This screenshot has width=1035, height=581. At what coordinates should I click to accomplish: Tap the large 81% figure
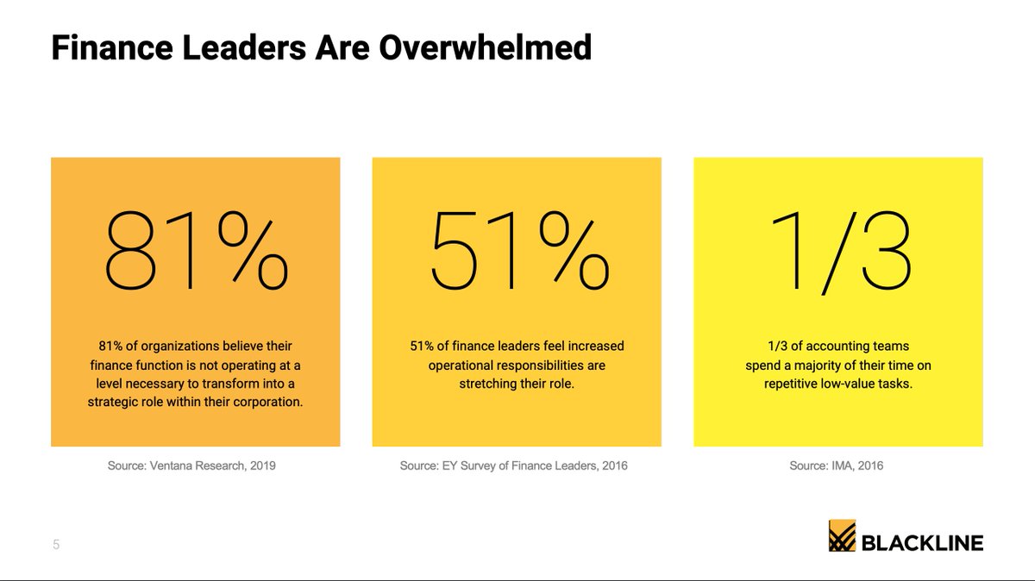tap(195, 251)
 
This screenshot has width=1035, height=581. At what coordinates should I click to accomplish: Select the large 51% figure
tap(517, 251)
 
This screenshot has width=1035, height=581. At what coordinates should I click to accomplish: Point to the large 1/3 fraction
tap(838, 251)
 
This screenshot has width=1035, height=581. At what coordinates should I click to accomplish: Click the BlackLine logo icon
tap(842, 535)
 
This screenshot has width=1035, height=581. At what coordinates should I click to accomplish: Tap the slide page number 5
tap(56, 545)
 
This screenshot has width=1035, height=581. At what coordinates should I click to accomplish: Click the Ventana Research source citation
tap(195, 465)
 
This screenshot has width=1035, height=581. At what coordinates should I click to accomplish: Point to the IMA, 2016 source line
tap(837, 465)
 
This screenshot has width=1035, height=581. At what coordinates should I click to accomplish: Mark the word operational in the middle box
tap(466, 365)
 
